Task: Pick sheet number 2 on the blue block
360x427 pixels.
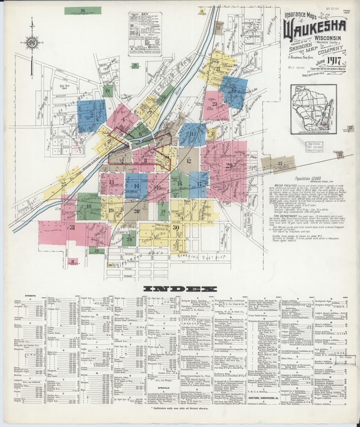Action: [x=92, y=115]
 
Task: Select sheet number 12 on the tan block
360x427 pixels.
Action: [x=189, y=161]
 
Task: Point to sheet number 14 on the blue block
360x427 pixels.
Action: [x=136, y=186]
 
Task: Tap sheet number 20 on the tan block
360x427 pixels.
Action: [x=136, y=211]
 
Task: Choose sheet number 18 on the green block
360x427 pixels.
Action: [x=88, y=206]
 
